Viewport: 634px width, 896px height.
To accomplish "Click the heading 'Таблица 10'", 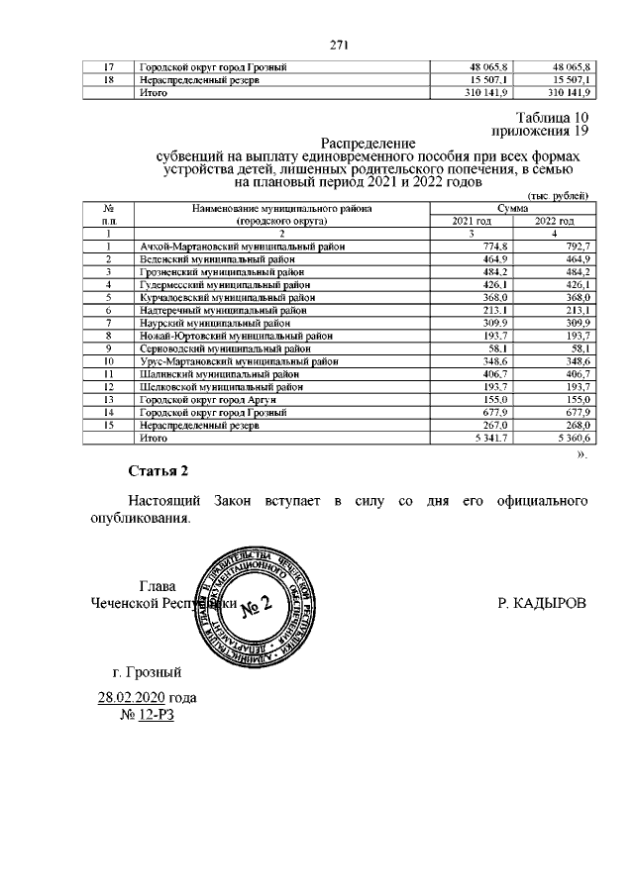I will point(546,118).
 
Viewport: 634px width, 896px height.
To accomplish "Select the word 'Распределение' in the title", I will point(369,143).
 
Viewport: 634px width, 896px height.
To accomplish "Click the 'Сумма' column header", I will point(511,209).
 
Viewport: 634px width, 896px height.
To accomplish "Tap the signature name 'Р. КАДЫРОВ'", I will point(542,601).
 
